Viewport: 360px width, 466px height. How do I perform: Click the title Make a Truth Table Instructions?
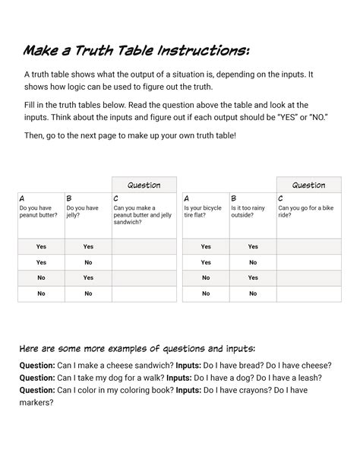pos(136,52)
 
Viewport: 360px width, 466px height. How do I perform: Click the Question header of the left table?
pos(144,185)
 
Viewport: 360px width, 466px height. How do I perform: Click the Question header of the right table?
pos(308,185)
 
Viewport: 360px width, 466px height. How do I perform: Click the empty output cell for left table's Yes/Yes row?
pos(144,246)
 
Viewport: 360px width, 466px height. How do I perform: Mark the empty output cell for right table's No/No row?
pos(308,293)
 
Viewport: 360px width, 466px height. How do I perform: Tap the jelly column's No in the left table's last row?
pos(88,293)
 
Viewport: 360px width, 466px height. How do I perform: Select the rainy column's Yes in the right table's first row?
pos(253,246)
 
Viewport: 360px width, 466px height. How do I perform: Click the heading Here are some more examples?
pos(142,349)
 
